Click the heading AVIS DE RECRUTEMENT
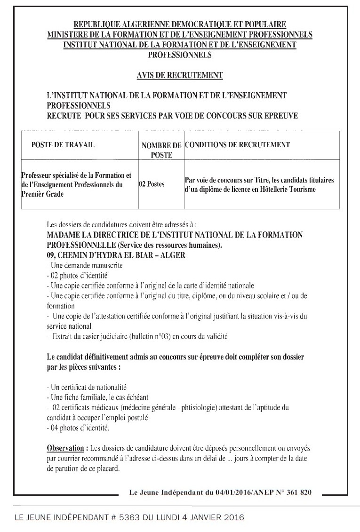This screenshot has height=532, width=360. pyautogui.click(x=179, y=75)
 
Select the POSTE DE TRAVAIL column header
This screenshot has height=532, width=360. pyautogui.click(x=63, y=145)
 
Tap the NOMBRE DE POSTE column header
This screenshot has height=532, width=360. pyautogui.click(x=161, y=150)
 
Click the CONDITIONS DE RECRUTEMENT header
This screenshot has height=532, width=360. pyautogui.click(x=237, y=144)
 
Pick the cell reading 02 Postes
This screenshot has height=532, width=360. pyautogui.click(x=152, y=184)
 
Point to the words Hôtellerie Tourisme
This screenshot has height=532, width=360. pyautogui.click(x=296, y=189)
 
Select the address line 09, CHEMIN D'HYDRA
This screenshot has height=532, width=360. pyautogui.click(x=117, y=255)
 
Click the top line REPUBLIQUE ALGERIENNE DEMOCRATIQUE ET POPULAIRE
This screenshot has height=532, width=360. pyautogui.click(x=179, y=24)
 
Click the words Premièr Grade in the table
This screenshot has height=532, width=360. pyautogui.click(x=43, y=194)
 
